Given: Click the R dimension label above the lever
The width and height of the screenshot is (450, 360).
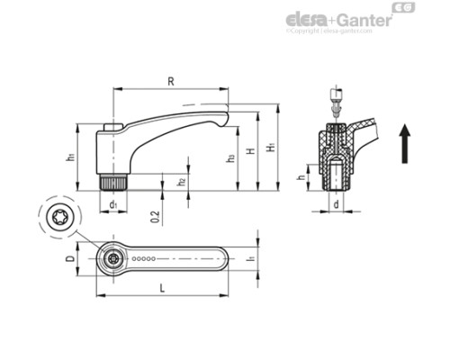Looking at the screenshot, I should (170, 82).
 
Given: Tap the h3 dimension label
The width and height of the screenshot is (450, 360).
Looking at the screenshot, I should (231, 158).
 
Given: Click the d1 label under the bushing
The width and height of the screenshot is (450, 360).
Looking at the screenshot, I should (112, 205).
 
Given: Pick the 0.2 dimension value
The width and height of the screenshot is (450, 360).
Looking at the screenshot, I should (157, 215).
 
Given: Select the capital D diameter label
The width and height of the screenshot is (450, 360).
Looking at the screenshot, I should (71, 259).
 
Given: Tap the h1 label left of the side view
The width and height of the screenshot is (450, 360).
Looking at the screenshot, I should (70, 157).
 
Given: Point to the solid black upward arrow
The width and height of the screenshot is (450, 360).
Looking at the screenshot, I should (406, 143).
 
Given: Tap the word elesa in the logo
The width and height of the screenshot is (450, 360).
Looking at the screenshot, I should (301, 20).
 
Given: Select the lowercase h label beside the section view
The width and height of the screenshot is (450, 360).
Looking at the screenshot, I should (301, 177).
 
